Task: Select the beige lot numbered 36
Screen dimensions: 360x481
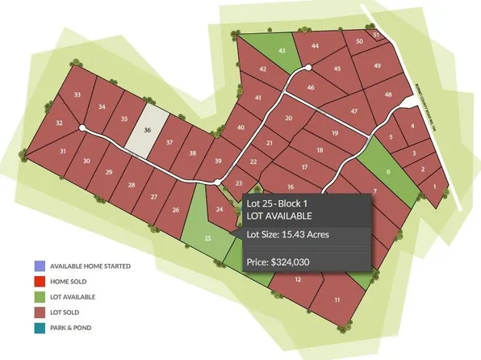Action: tap(148, 129)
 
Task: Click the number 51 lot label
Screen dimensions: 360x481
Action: tap(376, 35)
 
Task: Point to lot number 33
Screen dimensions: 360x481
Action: tap(77, 95)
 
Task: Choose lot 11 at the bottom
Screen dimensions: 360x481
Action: tap(336, 299)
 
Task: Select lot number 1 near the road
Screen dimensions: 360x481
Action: tap(436, 187)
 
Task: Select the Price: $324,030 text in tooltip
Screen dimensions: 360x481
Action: tap(278, 262)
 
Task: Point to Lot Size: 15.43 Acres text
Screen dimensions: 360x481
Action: tap(288, 235)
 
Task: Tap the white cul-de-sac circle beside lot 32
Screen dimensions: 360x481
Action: tap(82, 128)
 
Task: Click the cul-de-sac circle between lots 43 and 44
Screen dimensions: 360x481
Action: tap(309, 67)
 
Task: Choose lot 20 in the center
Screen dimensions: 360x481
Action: tap(289, 119)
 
